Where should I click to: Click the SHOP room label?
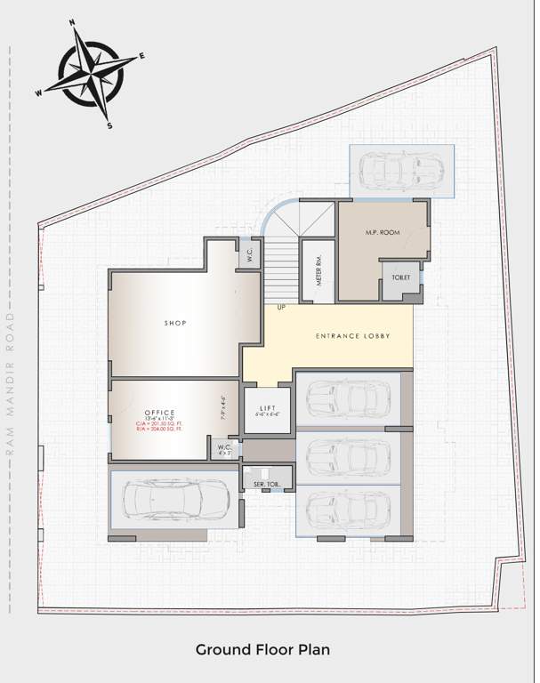pyautogui.click(x=175, y=323)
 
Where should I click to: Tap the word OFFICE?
pyautogui.click(x=160, y=413)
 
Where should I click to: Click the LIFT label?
pyautogui.click(x=268, y=408)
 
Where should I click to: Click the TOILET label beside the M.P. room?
pyautogui.click(x=401, y=278)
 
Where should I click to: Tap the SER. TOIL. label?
pyautogui.click(x=267, y=484)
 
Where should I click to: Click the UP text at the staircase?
pyautogui.click(x=281, y=308)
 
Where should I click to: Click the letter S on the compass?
pyautogui.click(x=109, y=125)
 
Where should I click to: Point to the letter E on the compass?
pyautogui.click(x=141, y=56)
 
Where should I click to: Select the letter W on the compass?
pyautogui.click(x=39, y=92)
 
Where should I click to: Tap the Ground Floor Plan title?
pyautogui.click(x=262, y=650)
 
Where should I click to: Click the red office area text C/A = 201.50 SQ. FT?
pyautogui.click(x=159, y=423)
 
